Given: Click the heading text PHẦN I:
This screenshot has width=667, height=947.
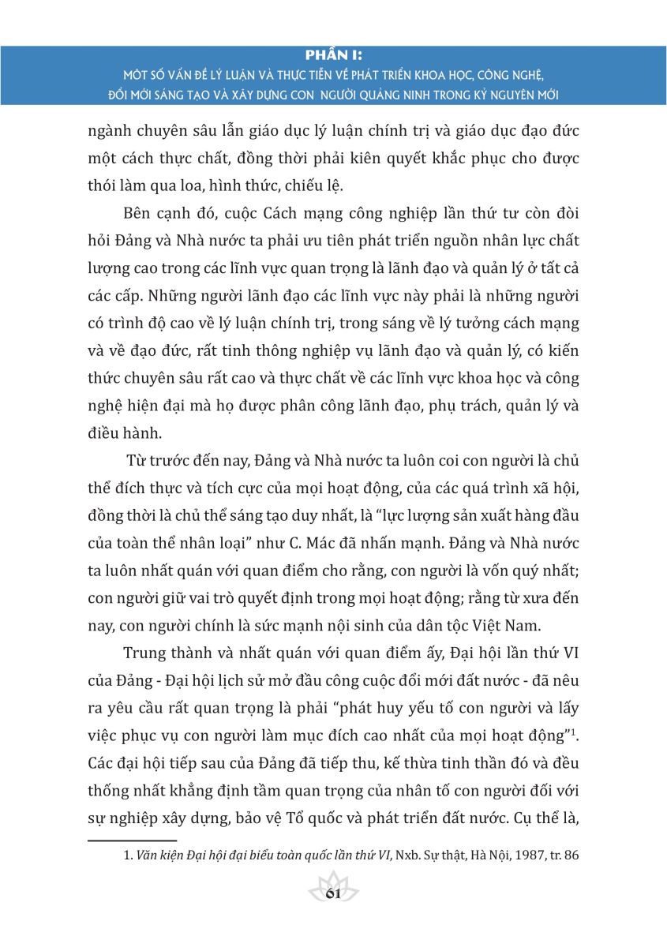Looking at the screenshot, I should point(333,57).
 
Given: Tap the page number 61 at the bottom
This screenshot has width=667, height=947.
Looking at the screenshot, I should point(332,894).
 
